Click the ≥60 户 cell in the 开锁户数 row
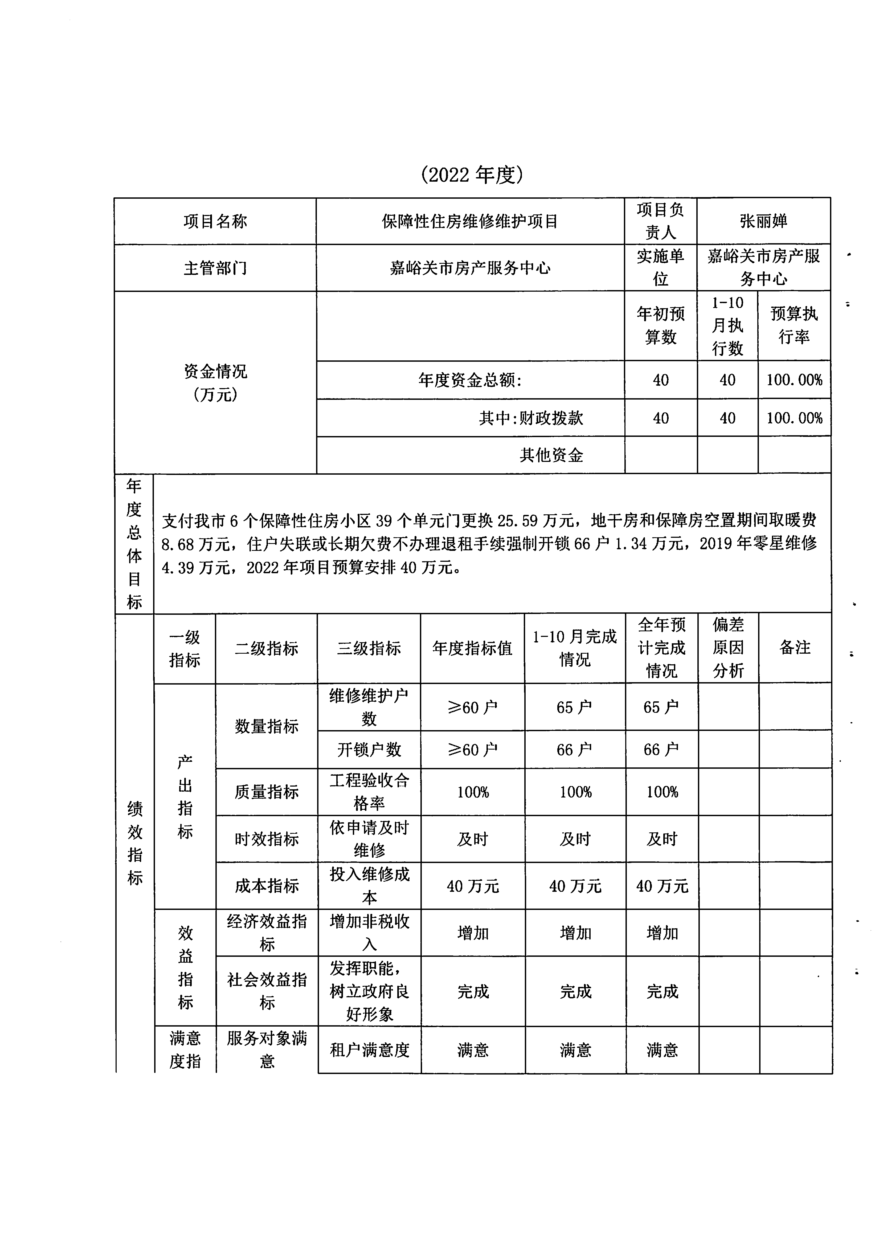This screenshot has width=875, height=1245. (x=472, y=749)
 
